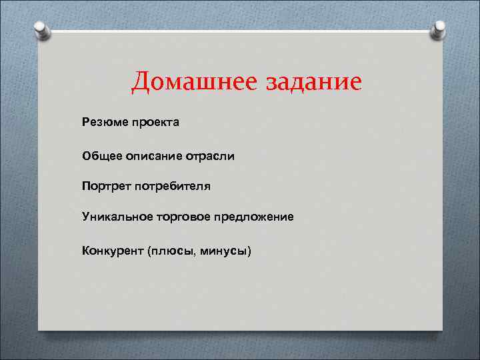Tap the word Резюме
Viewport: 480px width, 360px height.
click(102, 122)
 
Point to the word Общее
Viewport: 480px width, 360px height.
click(100, 155)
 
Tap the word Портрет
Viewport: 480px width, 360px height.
click(106, 186)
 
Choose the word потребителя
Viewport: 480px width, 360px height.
click(173, 186)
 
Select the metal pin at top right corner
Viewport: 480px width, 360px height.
click(439, 29)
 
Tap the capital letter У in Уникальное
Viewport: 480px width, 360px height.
click(86, 217)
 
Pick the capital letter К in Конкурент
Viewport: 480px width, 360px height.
click(86, 251)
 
